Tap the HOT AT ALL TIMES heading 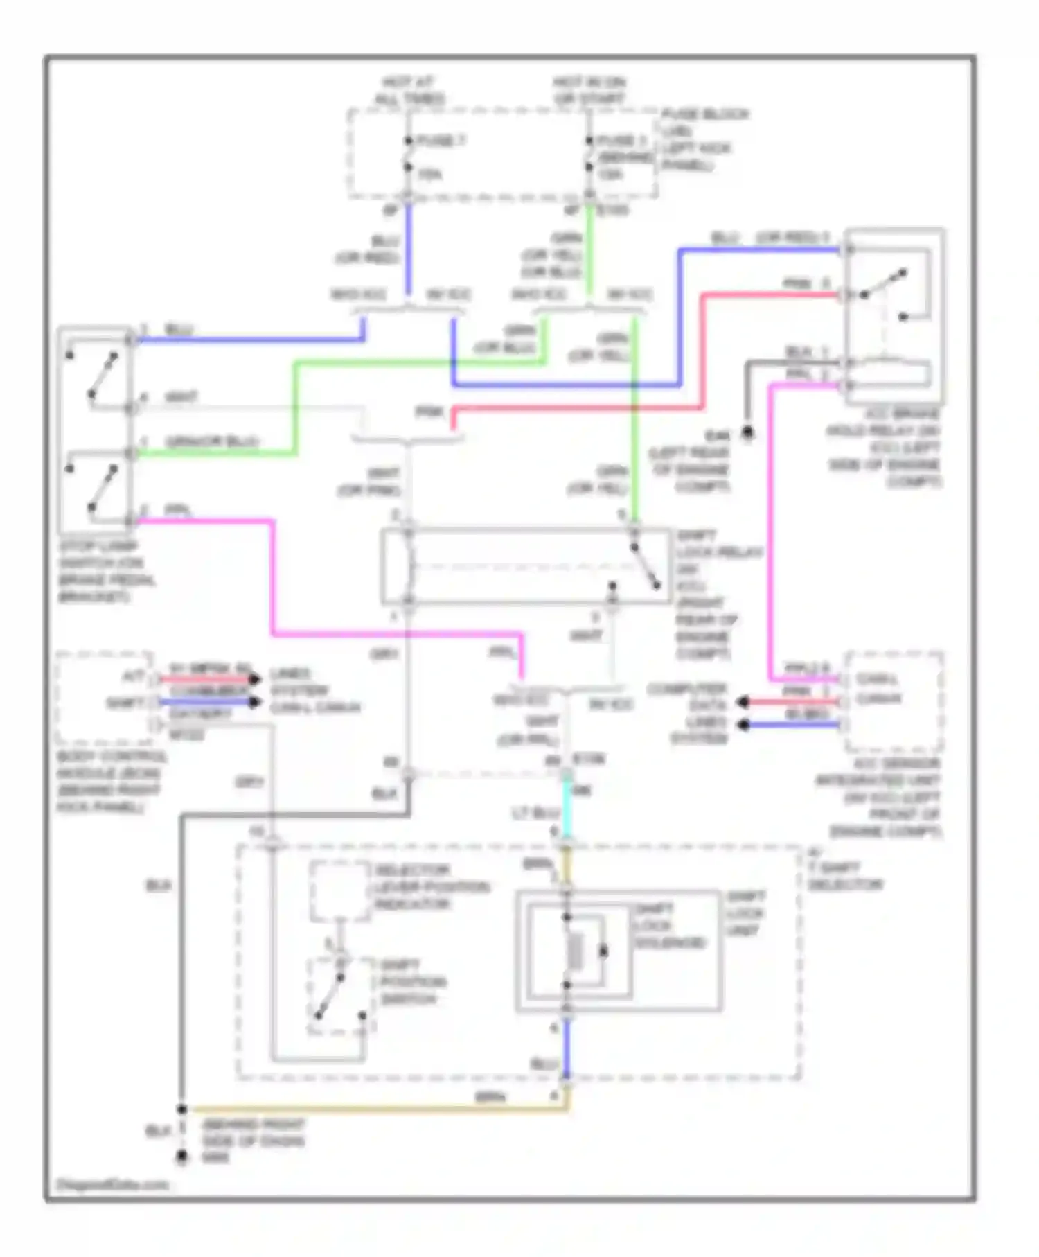[409, 91]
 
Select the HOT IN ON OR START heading [589, 91]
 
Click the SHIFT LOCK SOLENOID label [670, 926]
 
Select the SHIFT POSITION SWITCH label [413, 982]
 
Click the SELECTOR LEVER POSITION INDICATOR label [432, 887]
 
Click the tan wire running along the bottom [374, 1109]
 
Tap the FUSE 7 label [441, 141]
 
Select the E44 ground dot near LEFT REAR [747, 434]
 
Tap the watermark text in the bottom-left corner [112, 1184]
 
